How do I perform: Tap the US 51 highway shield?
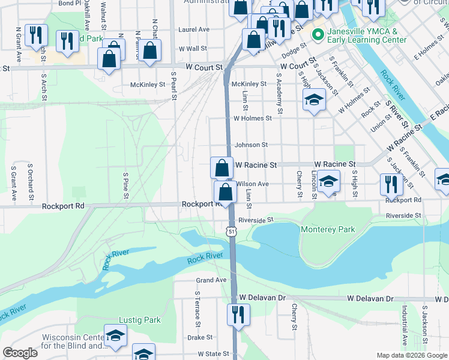[231, 231]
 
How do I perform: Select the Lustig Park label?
[140, 320]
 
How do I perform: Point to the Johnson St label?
[251, 145]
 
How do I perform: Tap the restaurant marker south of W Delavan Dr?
[238, 314]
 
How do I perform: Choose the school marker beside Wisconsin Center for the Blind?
[115, 337]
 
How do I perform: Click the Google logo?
[20, 353]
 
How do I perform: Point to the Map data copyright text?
[411, 355]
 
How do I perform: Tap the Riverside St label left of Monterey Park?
[256, 220]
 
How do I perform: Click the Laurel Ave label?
[193, 29]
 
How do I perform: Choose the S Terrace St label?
[196, 309]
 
